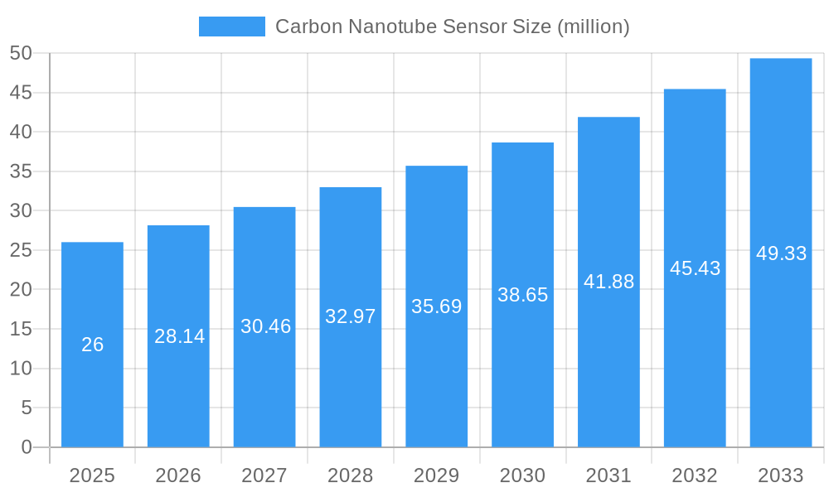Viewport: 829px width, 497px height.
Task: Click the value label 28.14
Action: [x=179, y=336]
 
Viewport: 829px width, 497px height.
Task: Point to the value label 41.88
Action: [x=608, y=282]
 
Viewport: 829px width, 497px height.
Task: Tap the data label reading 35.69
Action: [x=436, y=306]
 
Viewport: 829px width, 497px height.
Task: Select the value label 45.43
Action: [x=695, y=268]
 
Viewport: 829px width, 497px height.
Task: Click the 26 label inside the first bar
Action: [x=92, y=345]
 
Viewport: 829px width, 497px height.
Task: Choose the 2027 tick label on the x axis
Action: [x=264, y=475]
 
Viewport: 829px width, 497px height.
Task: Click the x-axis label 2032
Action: [x=695, y=475]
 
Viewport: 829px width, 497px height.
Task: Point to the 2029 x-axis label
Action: [x=436, y=475]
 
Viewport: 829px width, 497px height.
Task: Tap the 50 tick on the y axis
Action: [x=21, y=53]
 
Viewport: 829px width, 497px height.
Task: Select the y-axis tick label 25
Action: [x=21, y=250]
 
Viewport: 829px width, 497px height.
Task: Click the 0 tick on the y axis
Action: [x=27, y=447]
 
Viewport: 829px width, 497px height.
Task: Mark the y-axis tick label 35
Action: [x=21, y=171]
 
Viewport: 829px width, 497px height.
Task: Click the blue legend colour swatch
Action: [x=231, y=27]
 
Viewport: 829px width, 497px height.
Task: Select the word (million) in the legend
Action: [x=594, y=27]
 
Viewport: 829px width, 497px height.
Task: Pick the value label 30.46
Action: [x=265, y=326]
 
